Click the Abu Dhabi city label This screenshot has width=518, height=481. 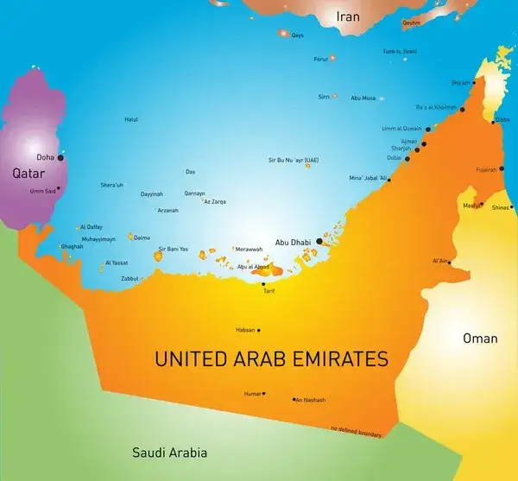point(293,242)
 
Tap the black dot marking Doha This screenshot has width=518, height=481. point(60,158)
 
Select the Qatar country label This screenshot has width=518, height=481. point(28,174)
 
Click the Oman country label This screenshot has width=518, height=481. point(480,338)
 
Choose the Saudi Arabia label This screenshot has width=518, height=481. point(169,453)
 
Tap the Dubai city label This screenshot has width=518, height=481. point(395,158)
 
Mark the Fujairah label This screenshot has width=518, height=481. point(486,169)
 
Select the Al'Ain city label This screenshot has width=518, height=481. point(440,260)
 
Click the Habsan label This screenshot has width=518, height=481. point(245,330)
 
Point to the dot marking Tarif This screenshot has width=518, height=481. point(264,284)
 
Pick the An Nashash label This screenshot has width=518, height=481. point(310,400)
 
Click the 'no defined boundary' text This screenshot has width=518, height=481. point(356,430)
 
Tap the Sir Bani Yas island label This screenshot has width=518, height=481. point(173,249)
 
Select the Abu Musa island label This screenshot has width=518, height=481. point(363,98)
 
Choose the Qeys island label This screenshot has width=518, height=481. point(298,35)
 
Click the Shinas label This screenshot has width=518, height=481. point(501,207)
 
